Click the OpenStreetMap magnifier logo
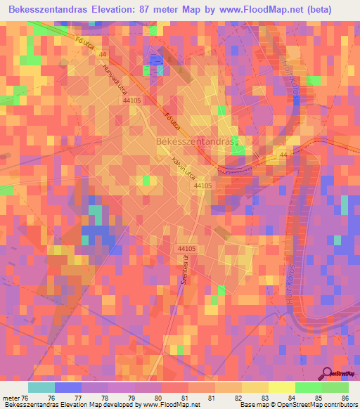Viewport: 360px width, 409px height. [327, 374]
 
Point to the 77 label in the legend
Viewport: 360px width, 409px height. [96, 397]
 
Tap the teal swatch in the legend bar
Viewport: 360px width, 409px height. [41, 387]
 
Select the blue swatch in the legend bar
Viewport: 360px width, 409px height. [68, 387]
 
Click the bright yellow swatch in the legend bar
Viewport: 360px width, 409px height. [281, 387]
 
